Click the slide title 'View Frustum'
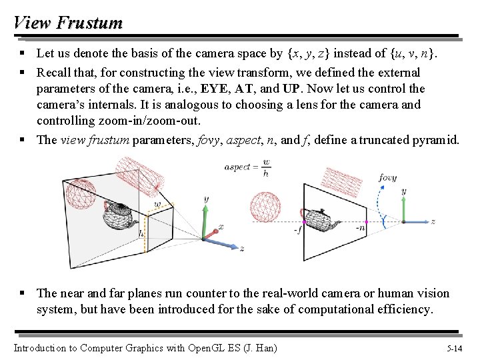[68, 23]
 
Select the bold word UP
[291, 89]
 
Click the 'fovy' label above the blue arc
[388, 178]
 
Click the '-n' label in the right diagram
[361, 227]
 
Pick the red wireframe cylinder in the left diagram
[139, 173]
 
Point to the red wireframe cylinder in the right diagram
[341, 178]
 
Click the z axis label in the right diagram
[433, 221]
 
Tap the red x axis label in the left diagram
[221, 227]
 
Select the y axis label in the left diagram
[205, 199]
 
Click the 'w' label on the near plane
[157, 203]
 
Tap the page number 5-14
[456, 348]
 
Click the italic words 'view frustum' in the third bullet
[95, 140]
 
